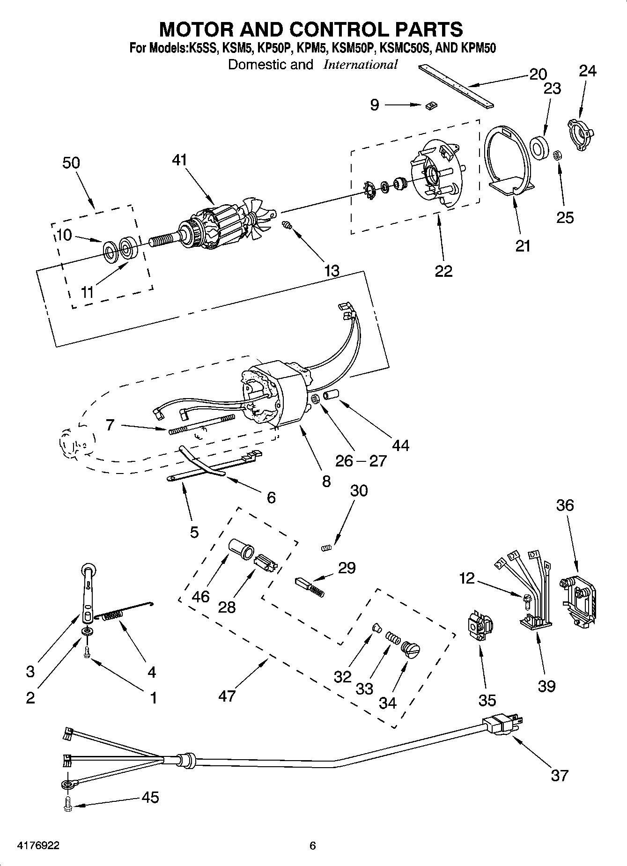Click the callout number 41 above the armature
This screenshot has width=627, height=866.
tap(179, 160)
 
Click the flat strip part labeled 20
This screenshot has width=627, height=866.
tap(457, 86)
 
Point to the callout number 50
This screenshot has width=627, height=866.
tap(71, 163)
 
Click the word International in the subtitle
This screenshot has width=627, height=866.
tap(360, 65)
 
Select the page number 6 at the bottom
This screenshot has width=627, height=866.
tap(313, 845)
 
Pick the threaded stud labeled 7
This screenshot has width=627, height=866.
tap(201, 424)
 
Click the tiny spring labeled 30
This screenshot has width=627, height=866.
tap(326, 547)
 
